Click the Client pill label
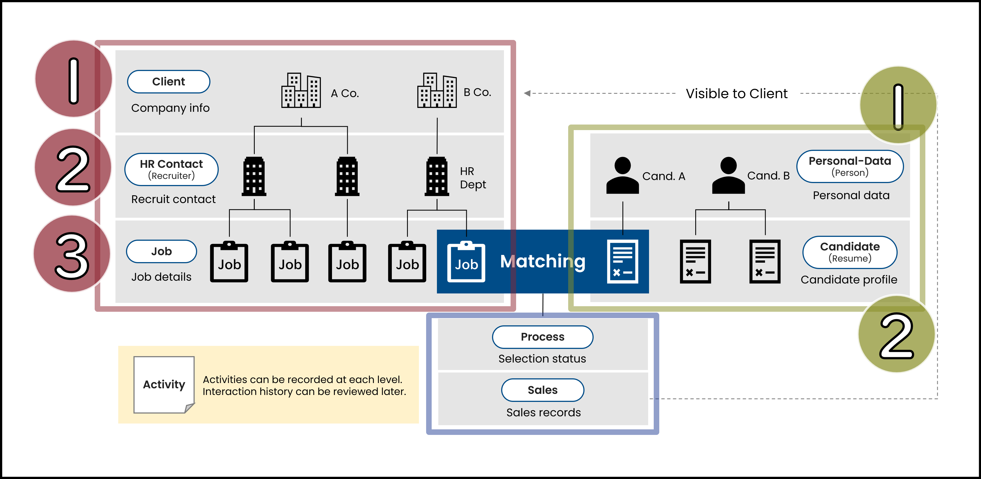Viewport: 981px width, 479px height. [x=168, y=82]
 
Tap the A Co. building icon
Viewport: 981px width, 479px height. [x=301, y=90]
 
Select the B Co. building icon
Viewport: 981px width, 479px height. [x=437, y=90]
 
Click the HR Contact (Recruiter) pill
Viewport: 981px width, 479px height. [x=171, y=169]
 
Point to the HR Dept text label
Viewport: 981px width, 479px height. [x=473, y=178]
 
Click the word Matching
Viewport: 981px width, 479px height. [x=542, y=262]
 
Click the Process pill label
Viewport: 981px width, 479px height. [x=542, y=337]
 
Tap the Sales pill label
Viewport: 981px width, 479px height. [x=542, y=390]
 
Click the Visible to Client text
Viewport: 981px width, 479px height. [x=737, y=93]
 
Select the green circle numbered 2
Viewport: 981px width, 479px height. [x=897, y=334]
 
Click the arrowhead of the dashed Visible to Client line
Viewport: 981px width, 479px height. [x=527, y=93]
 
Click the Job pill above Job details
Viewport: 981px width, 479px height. [x=161, y=251]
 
